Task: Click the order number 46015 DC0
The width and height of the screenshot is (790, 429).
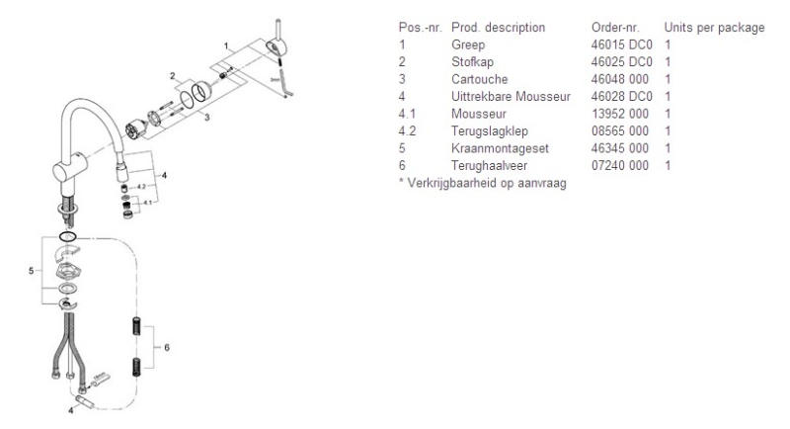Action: pos(621,44)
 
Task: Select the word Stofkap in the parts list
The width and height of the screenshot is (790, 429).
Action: pos(472,62)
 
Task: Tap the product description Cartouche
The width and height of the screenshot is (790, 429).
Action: pos(479,79)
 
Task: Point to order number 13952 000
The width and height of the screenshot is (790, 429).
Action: pos(620,114)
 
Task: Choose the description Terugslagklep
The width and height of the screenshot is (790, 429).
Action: pos(490,131)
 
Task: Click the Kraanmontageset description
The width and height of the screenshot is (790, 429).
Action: pos(500,148)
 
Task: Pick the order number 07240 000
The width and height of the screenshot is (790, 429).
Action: pos(620,165)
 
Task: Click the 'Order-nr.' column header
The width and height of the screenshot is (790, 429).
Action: pos(615,28)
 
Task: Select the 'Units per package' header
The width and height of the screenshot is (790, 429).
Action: pos(714,28)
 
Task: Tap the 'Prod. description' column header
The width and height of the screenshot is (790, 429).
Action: pos(498,28)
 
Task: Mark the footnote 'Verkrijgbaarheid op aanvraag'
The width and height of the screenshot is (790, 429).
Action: pos(486,183)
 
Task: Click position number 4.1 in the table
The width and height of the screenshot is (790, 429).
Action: pos(407,114)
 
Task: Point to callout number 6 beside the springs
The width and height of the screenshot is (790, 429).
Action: pos(167,347)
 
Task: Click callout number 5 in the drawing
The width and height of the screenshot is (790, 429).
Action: pos(32,271)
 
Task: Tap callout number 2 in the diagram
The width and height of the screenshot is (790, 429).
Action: pos(173,76)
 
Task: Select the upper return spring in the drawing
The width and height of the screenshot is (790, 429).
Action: pos(136,326)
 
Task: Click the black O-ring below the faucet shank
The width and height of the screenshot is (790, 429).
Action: pos(67,236)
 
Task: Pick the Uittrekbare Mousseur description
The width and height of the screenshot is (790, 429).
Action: pos(511,96)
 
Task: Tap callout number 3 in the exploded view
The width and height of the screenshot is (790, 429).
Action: pos(206,118)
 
